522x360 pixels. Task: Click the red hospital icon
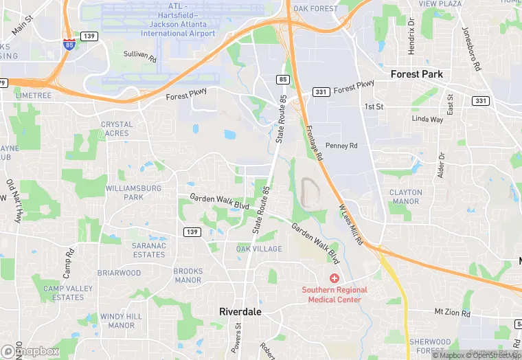coord(334,278)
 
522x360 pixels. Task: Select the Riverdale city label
coord(241,311)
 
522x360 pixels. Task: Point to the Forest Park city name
coord(416,74)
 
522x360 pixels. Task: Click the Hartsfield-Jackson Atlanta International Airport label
coord(178,25)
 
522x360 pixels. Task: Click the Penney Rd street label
coord(341,146)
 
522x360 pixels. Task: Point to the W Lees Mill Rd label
coord(351,221)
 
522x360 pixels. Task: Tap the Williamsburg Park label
coord(133,192)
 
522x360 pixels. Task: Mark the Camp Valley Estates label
coord(63,293)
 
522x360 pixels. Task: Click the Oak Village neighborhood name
coord(258,249)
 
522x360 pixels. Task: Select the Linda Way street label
coord(427,120)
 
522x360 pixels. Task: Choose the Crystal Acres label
coord(117,128)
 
